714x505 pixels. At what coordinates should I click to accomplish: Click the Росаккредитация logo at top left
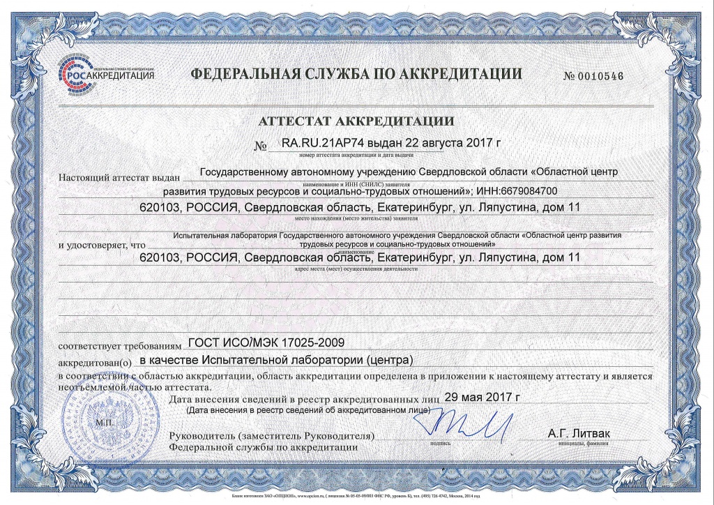[105, 72]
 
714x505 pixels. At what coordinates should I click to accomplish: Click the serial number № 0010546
[593, 76]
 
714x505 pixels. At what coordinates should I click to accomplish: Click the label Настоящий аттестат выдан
[120, 177]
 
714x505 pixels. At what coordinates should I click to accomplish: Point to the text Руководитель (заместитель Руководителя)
[272, 436]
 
